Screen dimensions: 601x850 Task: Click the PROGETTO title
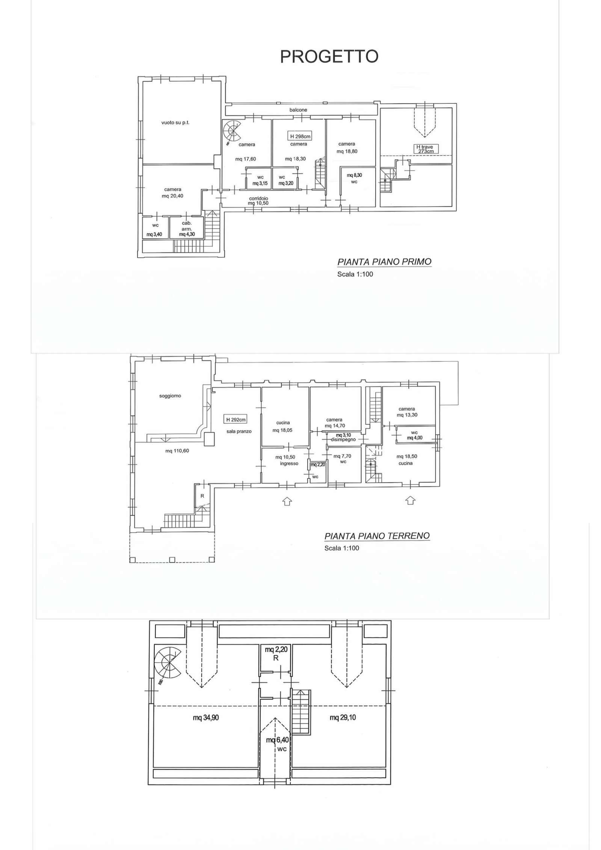pos(329,56)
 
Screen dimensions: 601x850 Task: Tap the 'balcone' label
pos(298,110)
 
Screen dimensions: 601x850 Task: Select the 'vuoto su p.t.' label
pos(175,122)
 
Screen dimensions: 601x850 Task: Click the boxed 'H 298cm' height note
pos(300,136)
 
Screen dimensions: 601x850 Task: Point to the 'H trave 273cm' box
pos(426,149)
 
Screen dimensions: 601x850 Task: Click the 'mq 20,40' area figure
pos(173,196)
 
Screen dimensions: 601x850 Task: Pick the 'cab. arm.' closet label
pos(187,226)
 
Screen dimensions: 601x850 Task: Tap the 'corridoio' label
pos(258,198)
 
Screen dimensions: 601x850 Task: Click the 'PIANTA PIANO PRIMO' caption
pos(384,262)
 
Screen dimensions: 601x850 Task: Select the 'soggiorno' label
pos(170,396)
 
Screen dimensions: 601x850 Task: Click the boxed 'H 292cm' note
pos(236,420)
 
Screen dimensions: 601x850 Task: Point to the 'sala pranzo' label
pos(239,432)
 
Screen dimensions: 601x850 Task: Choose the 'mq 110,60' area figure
pos(177,451)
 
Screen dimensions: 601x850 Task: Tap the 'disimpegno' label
pos(343,439)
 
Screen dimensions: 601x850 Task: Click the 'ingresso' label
pos(289,463)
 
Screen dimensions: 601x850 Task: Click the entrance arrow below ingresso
pos(287,501)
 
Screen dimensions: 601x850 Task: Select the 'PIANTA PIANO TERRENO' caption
pos(377,536)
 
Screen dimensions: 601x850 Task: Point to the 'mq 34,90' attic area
pos(206,718)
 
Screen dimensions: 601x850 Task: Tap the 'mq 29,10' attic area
pos(343,718)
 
